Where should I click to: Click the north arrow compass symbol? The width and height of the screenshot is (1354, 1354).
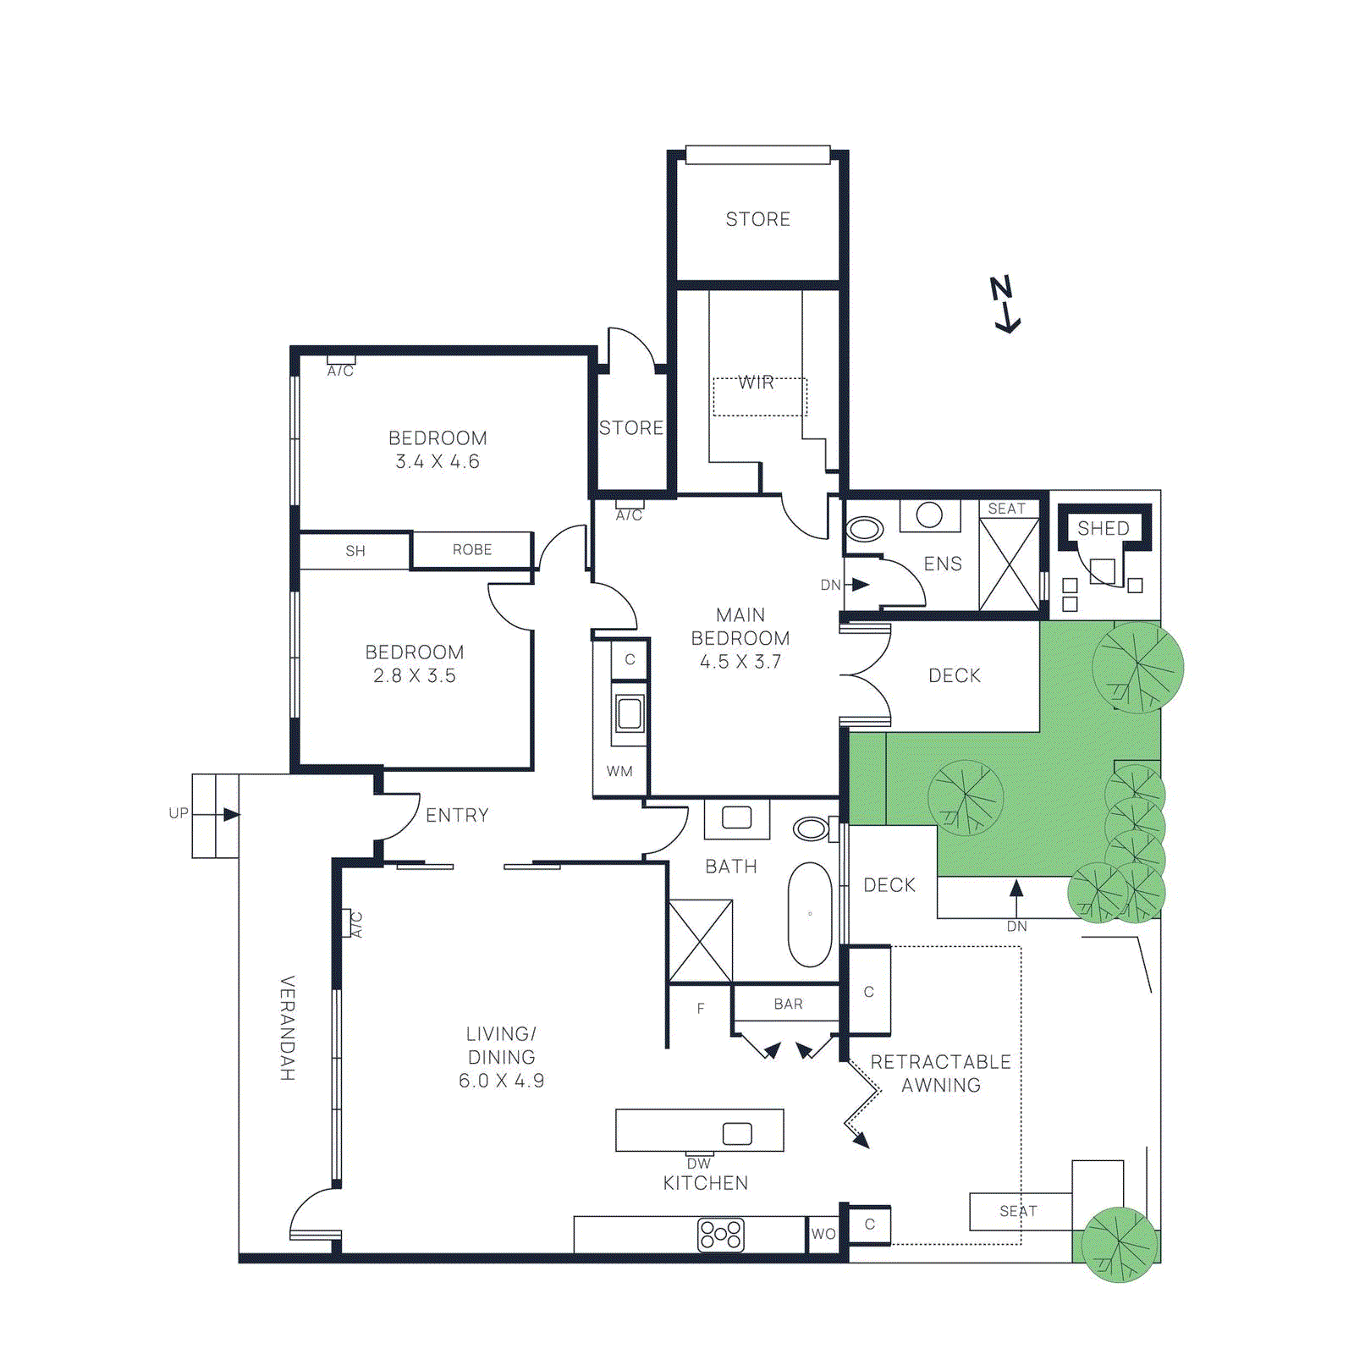click(x=1004, y=304)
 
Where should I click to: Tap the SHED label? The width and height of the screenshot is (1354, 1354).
click(x=1103, y=528)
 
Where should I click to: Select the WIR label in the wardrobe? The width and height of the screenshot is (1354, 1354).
click(x=756, y=383)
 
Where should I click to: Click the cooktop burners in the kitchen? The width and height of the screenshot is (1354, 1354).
click(x=720, y=1234)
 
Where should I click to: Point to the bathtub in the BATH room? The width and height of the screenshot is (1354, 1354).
click(x=810, y=915)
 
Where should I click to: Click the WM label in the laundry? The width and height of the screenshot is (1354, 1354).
click(x=619, y=771)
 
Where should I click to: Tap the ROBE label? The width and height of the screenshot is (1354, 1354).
click(x=472, y=550)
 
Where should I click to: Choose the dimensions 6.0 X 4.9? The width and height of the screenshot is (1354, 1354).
click(x=501, y=1081)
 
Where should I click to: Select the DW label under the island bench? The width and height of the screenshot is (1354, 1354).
click(x=699, y=1164)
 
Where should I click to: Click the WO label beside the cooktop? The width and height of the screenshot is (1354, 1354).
click(x=823, y=1234)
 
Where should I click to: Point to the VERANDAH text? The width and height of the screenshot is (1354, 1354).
click(x=288, y=1027)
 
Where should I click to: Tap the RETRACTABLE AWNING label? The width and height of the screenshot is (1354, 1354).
click(x=940, y=1073)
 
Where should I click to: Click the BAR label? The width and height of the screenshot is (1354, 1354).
click(x=788, y=1004)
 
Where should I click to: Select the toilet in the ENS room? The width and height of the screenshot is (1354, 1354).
click(x=865, y=530)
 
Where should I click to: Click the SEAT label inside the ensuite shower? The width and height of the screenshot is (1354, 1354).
click(x=1006, y=509)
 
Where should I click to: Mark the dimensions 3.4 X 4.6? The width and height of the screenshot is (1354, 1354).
click(x=438, y=461)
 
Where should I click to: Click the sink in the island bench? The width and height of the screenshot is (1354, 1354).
click(x=737, y=1133)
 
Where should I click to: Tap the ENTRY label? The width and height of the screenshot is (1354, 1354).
click(x=457, y=815)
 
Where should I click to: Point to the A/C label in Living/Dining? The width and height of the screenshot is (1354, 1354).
click(x=356, y=924)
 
